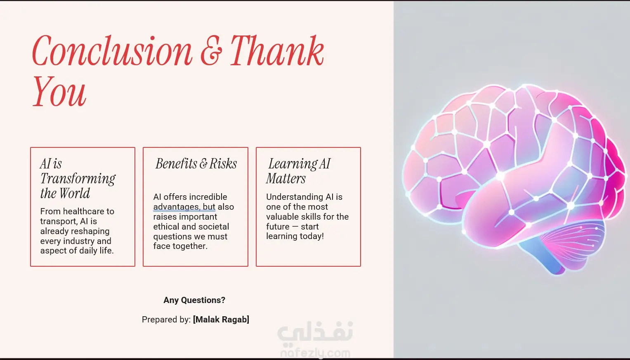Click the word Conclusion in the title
[x=112, y=51]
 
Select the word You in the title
[x=59, y=92]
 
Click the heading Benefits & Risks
[x=196, y=164]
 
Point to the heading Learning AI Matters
[x=298, y=171]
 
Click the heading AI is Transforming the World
[x=78, y=178]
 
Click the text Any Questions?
[x=194, y=300]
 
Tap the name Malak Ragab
[x=221, y=320]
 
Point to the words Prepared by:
[x=166, y=320]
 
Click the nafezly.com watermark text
[x=315, y=353]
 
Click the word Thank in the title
[x=277, y=51]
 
